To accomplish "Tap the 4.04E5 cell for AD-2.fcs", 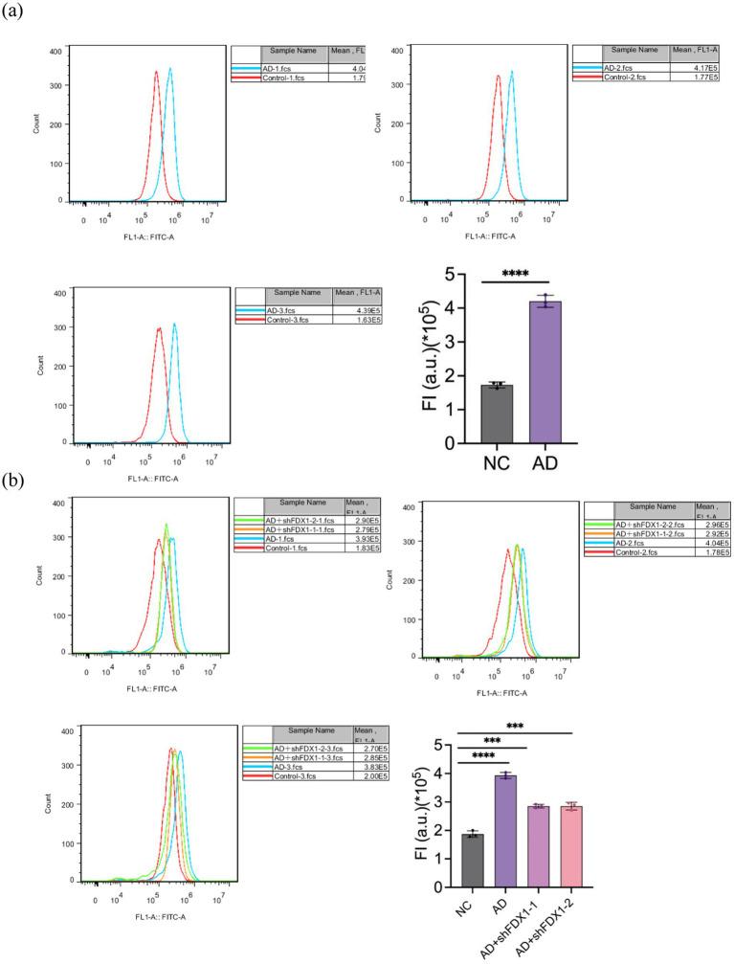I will coord(713,544).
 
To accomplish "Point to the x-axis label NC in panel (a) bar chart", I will coord(495,462).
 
